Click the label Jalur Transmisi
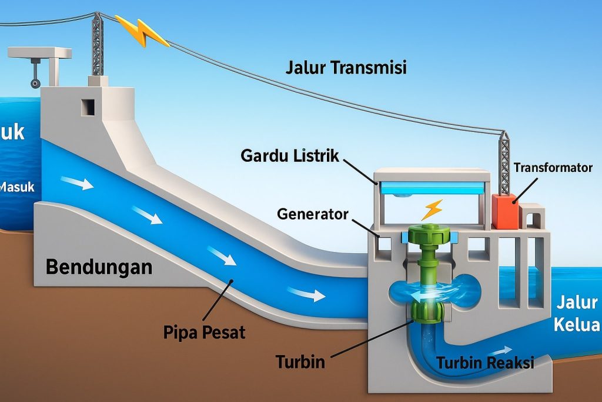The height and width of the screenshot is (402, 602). pos(346,67)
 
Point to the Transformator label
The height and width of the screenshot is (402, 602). pos(552,168)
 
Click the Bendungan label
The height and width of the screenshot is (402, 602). pos(99,267)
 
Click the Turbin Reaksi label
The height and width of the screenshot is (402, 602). pos(485,363)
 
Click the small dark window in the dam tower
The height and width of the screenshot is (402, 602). pos(88,107)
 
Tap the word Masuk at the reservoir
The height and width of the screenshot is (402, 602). pos(18,188)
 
